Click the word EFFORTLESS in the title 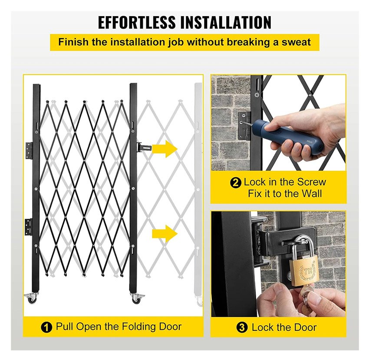(x=137, y=23)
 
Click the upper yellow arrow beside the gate (x=165, y=149)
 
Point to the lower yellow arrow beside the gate (x=165, y=233)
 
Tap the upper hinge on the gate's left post (x=29, y=150)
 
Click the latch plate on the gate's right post (x=144, y=149)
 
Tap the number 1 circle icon (x=46, y=327)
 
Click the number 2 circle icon (x=236, y=183)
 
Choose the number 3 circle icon (x=242, y=327)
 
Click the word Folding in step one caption (x=138, y=327)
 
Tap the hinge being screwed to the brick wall (x=245, y=125)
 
